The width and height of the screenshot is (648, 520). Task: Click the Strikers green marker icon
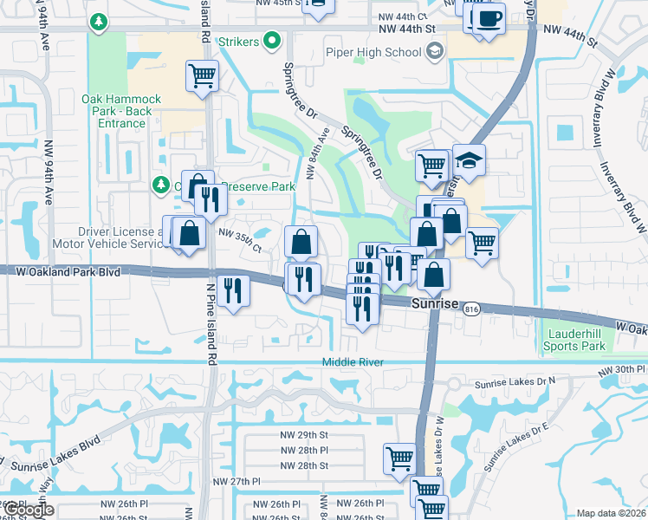click(273, 40)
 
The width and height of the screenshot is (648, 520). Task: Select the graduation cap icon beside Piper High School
click(434, 52)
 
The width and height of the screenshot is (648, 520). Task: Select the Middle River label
click(352, 362)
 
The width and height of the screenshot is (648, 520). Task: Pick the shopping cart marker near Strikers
click(202, 75)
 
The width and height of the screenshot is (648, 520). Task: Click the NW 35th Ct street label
click(240, 233)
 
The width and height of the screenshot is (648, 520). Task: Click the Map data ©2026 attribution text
click(611, 513)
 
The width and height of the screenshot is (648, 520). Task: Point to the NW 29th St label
click(304, 433)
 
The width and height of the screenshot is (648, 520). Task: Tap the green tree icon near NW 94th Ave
click(100, 20)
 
